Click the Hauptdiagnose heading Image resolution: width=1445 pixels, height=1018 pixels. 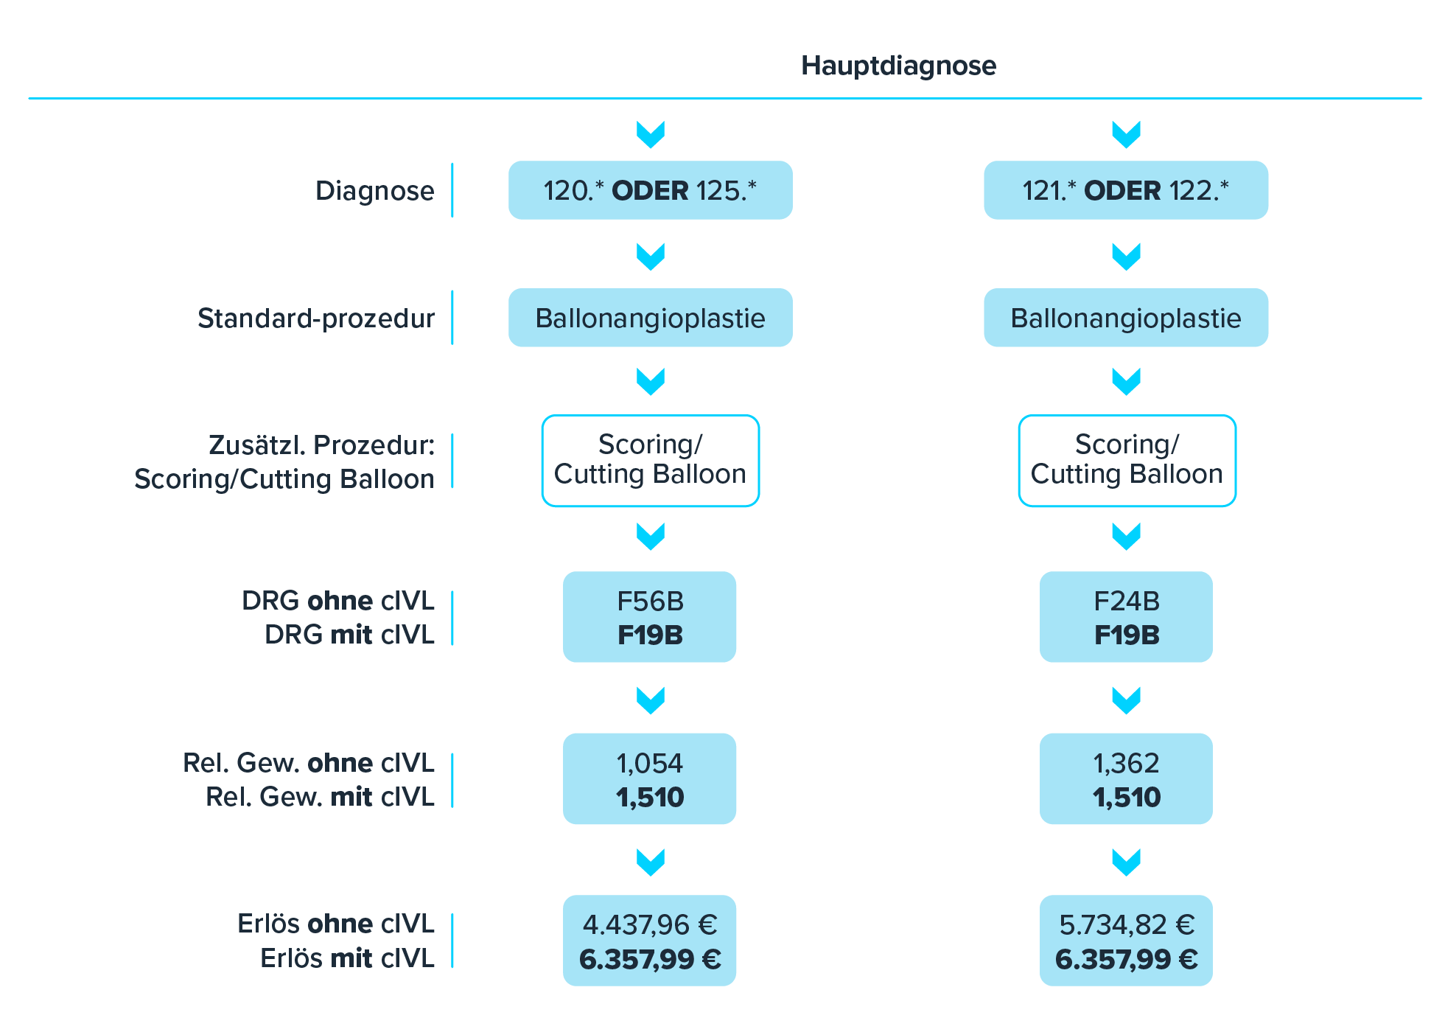click(x=898, y=66)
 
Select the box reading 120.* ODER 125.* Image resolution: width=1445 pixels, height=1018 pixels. click(x=650, y=190)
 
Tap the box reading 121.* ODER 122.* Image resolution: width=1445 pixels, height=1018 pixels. click(x=1125, y=190)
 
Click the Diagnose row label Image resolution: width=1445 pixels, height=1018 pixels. click(x=374, y=191)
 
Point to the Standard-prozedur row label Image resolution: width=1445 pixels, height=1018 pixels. click(x=315, y=318)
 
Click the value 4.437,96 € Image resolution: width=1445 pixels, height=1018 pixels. click(x=649, y=924)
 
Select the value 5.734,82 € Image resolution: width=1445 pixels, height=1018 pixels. click(x=1126, y=924)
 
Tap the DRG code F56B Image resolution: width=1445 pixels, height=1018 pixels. click(x=650, y=602)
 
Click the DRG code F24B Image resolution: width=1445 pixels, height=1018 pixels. click(x=1126, y=602)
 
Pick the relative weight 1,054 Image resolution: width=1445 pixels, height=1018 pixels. click(x=649, y=763)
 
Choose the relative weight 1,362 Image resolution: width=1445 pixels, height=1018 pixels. click(x=1126, y=763)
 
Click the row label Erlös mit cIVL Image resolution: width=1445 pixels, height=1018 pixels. click(x=347, y=958)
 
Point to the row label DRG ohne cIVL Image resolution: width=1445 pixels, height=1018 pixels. click(x=338, y=601)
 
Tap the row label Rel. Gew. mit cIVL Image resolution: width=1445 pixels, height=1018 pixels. click(x=320, y=797)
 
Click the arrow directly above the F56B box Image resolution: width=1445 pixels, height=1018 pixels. click(x=651, y=536)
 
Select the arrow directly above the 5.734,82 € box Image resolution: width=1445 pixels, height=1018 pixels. click(x=1126, y=861)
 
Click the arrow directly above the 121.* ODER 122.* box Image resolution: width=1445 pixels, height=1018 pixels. click(x=1126, y=134)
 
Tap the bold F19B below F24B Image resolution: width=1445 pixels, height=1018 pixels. click(x=1126, y=635)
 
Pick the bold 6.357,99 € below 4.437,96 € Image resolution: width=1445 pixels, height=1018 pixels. click(x=649, y=959)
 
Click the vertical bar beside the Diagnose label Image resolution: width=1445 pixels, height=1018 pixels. click(x=452, y=191)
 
